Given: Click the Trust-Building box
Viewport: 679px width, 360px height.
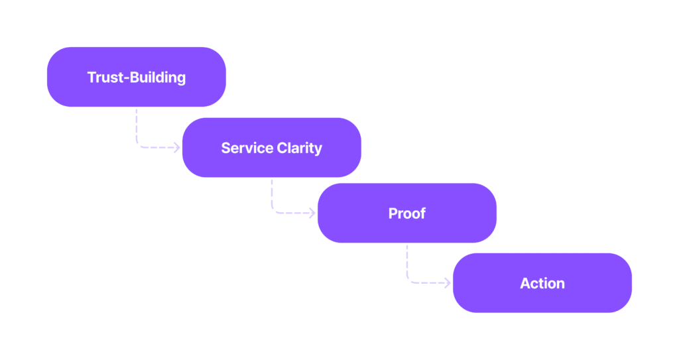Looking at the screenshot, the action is point(137,77).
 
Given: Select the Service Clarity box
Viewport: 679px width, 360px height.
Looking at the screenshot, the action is point(271,147).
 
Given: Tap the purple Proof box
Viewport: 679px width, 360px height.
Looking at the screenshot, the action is point(407,213).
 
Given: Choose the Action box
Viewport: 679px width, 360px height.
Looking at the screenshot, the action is point(542,283).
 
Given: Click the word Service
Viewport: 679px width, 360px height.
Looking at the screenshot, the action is point(247,148).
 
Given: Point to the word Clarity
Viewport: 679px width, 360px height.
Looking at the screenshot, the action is point(300,149).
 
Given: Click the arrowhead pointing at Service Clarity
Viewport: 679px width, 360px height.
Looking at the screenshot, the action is point(177,147).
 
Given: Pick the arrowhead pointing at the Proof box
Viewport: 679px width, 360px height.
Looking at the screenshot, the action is point(312,213).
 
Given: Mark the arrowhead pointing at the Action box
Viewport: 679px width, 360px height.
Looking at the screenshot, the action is point(448,283).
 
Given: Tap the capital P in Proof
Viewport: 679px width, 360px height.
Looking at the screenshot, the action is point(393,213).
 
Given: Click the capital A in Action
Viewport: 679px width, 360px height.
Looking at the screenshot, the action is point(526,283).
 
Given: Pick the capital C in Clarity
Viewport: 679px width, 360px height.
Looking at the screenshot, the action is point(282,148).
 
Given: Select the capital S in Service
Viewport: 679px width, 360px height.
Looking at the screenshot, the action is point(226,148).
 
